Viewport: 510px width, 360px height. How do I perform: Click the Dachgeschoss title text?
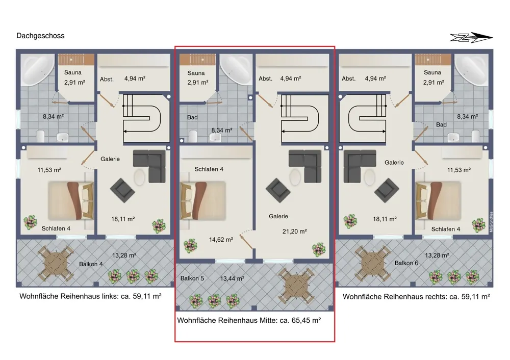coord(40,36)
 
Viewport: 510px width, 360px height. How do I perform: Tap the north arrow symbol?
coord(471,38)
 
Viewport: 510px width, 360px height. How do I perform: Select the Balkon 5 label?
coord(192,278)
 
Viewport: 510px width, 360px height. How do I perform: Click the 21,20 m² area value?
coord(294,231)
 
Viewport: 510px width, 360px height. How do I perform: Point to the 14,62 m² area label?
coord(221,240)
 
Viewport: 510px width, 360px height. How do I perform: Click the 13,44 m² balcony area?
coord(232,278)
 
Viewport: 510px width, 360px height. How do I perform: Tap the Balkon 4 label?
coord(91,264)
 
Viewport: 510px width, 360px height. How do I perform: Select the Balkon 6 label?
coord(406,263)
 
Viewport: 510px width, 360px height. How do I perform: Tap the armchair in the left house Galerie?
coord(122,190)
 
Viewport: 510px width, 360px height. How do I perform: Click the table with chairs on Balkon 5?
coord(295,285)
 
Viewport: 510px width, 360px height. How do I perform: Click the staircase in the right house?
coord(363,118)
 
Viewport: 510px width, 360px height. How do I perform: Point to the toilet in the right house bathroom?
coord(475,136)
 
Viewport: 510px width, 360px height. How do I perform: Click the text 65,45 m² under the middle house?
coord(306,320)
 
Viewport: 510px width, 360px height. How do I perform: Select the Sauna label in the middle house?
coord(196,73)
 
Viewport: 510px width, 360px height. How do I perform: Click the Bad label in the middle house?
coord(192,117)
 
